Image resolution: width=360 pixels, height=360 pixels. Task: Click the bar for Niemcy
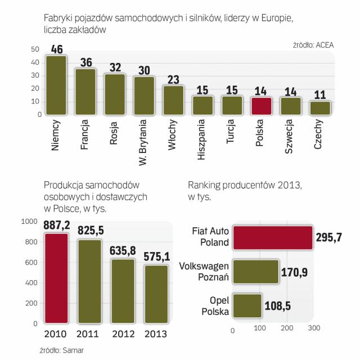point(56,85)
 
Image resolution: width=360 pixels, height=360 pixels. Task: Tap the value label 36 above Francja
point(85,62)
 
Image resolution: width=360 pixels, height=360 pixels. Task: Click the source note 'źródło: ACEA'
point(313,44)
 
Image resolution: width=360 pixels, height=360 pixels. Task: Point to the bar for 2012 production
point(124,292)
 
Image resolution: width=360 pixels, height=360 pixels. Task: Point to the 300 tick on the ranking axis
point(313,328)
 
